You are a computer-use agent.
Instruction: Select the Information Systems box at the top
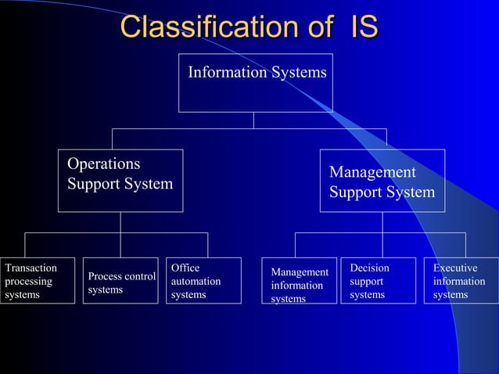(x=256, y=83)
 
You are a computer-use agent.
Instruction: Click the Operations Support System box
(x=120, y=181)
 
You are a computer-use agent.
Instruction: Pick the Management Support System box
(x=382, y=181)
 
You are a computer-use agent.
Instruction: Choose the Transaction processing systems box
(x=38, y=281)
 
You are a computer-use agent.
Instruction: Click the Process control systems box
(x=120, y=281)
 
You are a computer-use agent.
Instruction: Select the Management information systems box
(x=300, y=281)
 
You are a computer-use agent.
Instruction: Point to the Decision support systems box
(x=378, y=281)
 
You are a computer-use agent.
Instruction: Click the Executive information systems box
(x=461, y=281)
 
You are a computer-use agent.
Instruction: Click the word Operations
(x=104, y=164)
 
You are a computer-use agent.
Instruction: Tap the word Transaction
(x=31, y=268)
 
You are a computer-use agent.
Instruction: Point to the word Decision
(x=369, y=268)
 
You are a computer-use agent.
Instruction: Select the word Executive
(x=455, y=268)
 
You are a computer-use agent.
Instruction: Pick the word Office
(x=185, y=268)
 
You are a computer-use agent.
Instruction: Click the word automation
(x=196, y=281)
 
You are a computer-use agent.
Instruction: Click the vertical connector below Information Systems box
(x=253, y=120)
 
